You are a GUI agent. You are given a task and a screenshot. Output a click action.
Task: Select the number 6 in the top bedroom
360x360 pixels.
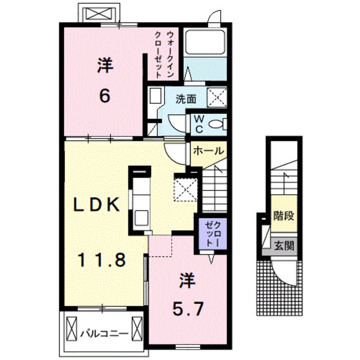(105, 96)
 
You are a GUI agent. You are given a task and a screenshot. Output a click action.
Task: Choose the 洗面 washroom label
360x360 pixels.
(186, 99)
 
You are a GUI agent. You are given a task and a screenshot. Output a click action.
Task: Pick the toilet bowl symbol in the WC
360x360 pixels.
(218, 123)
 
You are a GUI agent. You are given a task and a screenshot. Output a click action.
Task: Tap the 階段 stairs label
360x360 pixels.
(284, 216)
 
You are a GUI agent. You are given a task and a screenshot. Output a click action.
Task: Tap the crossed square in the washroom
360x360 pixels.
(217, 97)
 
